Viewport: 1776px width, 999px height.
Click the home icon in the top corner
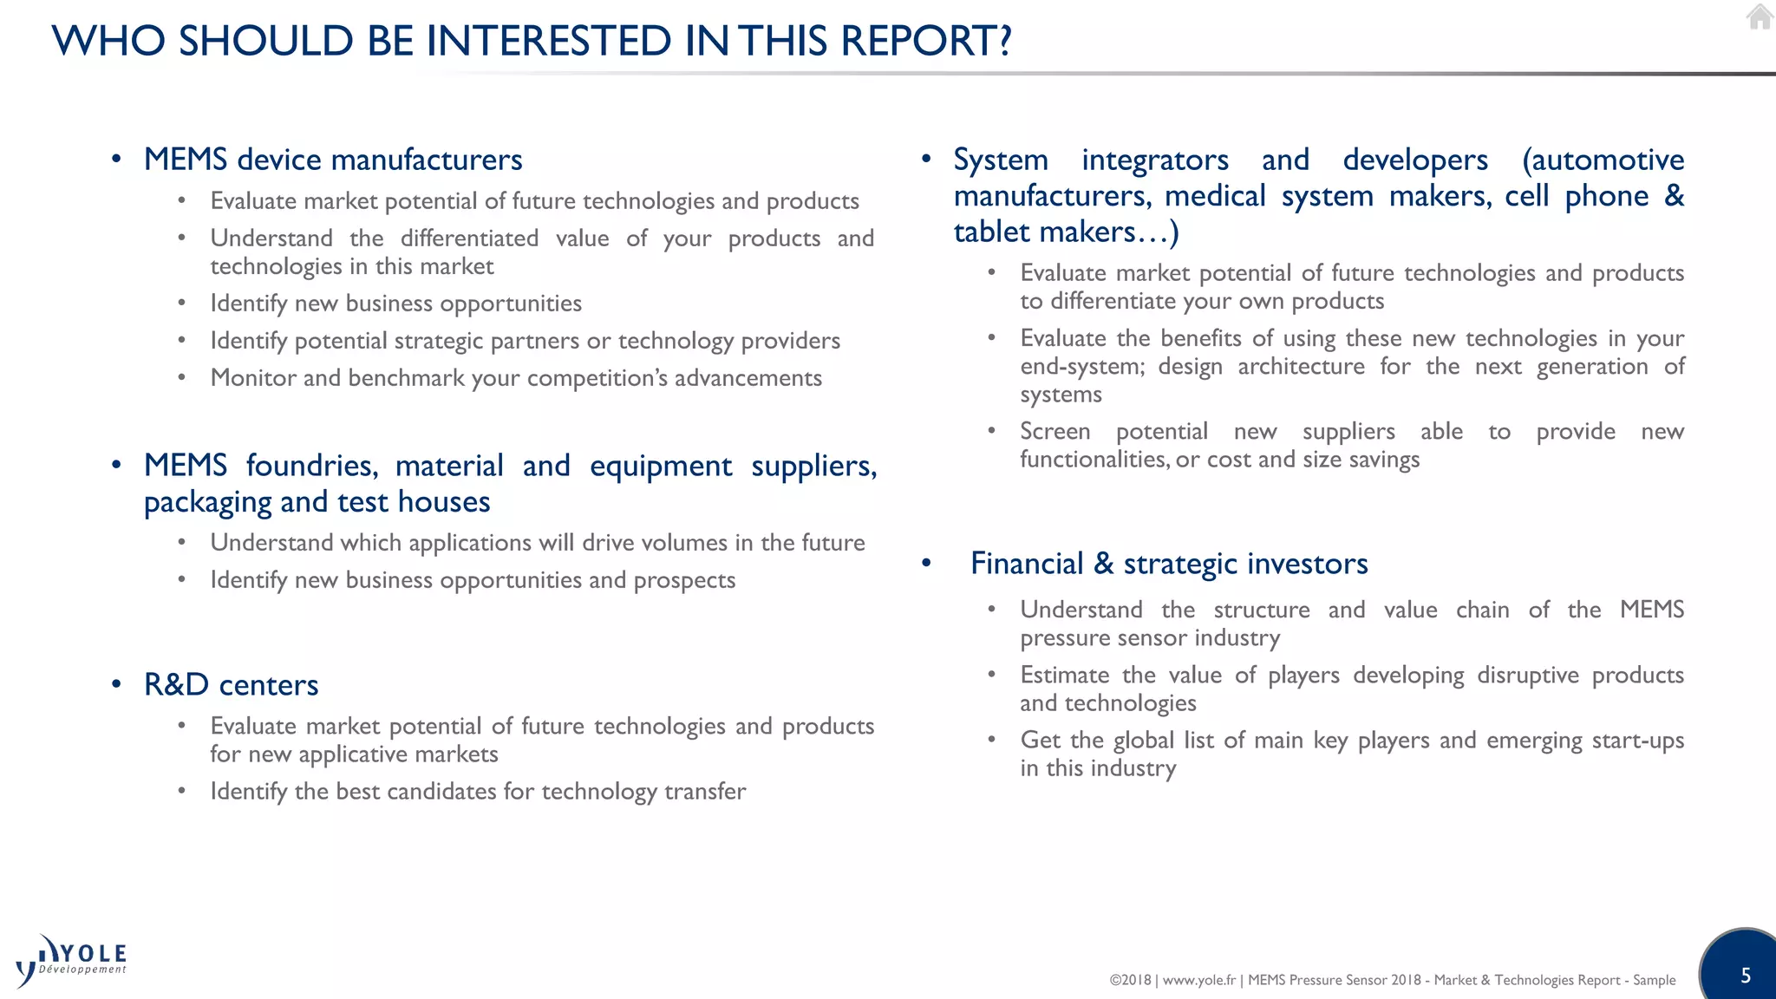[x=1759, y=17]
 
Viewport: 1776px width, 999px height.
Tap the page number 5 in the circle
[x=1746, y=976]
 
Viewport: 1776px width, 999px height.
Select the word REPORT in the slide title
[x=926, y=41]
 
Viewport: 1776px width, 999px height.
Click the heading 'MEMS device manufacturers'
[x=333, y=160]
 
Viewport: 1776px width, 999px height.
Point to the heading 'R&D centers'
[x=231, y=685]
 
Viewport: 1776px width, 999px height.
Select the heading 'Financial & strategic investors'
[x=1169, y=564]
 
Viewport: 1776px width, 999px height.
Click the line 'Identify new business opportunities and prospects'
[x=473, y=580]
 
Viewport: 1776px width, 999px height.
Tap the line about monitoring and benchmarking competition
[x=516, y=378]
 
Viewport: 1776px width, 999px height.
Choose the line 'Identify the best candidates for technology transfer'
[x=478, y=792]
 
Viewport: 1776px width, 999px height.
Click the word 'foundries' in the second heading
[x=312, y=466]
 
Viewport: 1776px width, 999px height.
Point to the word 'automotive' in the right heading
[x=1603, y=160]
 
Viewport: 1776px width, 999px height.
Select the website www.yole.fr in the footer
[x=1198, y=980]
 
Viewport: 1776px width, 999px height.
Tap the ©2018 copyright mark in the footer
[x=1130, y=980]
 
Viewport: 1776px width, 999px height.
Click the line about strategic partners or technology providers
[x=525, y=341]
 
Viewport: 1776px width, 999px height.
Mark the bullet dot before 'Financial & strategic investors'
[x=926, y=564]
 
